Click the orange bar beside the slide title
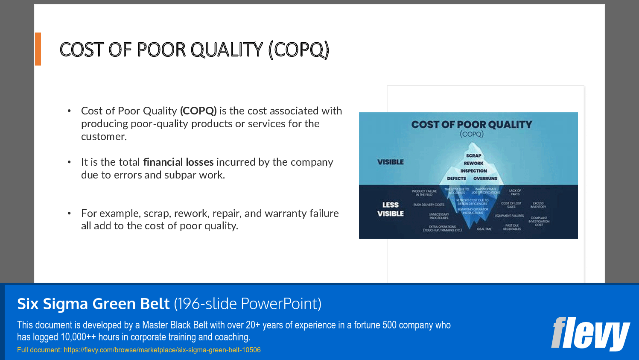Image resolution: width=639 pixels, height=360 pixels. pyautogui.click(x=38, y=49)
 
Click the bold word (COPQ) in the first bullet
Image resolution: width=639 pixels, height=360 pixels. pyautogui.click(x=198, y=111)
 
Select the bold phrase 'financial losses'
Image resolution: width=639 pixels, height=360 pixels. pyautogui.click(x=178, y=162)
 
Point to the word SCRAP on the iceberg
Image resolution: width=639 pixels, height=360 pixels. pyautogui.click(x=473, y=156)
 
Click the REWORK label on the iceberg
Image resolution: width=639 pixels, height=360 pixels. pyautogui.click(x=473, y=163)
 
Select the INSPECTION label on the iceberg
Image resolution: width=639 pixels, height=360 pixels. pyautogui.click(x=473, y=171)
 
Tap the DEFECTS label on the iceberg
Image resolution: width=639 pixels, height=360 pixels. pyautogui.click(x=456, y=179)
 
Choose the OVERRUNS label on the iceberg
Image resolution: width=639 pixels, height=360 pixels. pyautogui.click(x=485, y=179)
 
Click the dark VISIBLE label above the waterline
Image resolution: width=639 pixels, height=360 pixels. pyautogui.click(x=390, y=162)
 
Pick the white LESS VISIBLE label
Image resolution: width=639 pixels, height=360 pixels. pyautogui.click(x=390, y=209)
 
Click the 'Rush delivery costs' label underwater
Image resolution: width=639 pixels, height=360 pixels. pyautogui.click(x=429, y=205)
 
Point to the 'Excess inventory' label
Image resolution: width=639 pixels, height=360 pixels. pyautogui.click(x=538, y=205)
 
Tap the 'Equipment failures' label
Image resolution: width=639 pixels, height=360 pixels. pyautogui.click(x=509, y=216)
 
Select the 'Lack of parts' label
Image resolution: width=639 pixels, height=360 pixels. pyautogui.click(x=515, y=192)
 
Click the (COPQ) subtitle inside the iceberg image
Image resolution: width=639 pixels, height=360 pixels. pyautogui.click(x=472, y=134)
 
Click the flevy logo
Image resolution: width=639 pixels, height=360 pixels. pyautogui.click(x=590, y=334)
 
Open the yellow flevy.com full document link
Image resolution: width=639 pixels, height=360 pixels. pyautogui.click(x=162, y=350)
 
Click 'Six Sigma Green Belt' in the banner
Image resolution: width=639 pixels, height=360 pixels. pyautogui.click(x=93, y=304)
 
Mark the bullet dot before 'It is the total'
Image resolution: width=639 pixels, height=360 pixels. pyautogui.click(x=69, y=162)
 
